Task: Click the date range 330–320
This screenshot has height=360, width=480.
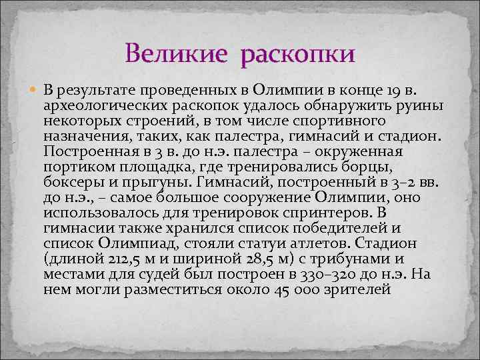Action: pos(323,274)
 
